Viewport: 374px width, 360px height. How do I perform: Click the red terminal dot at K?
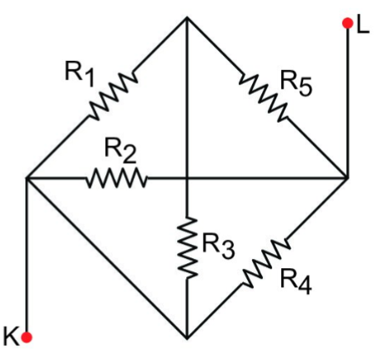[x=27, y=337]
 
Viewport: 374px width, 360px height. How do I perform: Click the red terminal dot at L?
[x=348, y=23]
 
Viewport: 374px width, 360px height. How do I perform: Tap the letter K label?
[x=11, y=336]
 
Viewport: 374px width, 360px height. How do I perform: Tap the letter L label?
[x=362, y=26]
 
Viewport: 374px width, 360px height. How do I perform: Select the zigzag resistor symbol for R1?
[x=113, y=96]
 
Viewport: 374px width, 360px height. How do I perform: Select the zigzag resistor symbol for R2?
[x=116, y=177]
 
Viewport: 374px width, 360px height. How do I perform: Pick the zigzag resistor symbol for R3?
[x=187, y=248]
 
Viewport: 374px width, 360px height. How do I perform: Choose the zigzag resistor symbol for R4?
[x=266, y=262]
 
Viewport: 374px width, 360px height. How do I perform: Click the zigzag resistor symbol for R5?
[x=263, y=97]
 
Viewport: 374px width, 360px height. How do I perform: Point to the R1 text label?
[x=80, y=74]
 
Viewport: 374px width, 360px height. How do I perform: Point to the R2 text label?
[x=120, y=150]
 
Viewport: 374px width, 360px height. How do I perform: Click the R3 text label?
[x=219, y=246]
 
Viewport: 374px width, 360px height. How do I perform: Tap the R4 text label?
[x=296, y=281]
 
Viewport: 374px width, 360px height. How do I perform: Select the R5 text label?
[x=296, y=84]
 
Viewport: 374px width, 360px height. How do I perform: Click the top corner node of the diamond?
[x=187, y=18]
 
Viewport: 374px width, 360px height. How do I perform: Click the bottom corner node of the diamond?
[x=187, y=338]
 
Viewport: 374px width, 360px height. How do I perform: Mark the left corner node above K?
[x=27, y=177]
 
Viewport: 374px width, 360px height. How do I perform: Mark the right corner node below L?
[x=348, y=177]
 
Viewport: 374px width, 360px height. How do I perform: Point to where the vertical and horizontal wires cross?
[x=187, y=177]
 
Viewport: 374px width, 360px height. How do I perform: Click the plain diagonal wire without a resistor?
[x=107, y=258]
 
